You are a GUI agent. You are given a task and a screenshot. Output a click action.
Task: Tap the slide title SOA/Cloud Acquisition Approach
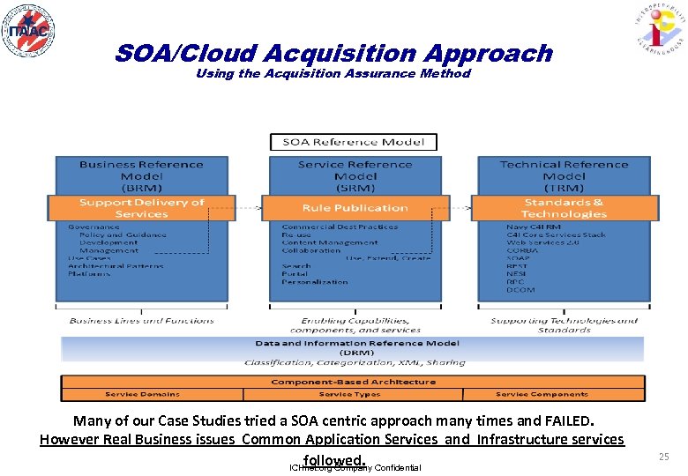333,54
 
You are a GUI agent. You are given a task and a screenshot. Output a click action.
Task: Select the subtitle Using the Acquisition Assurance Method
333,74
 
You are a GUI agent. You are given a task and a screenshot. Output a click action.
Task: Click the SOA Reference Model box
353,142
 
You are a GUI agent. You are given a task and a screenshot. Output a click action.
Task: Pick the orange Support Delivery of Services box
141,208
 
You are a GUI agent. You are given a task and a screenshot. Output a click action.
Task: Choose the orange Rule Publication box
355,208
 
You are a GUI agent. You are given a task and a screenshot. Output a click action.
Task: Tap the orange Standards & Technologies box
565,208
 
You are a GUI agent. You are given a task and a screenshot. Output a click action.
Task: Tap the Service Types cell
353,394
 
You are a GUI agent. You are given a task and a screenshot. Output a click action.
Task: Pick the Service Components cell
553,394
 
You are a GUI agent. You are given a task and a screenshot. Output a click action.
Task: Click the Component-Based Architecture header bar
353,382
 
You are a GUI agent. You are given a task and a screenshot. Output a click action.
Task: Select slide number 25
663,457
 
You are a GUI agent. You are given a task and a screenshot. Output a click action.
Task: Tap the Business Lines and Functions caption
141,321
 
